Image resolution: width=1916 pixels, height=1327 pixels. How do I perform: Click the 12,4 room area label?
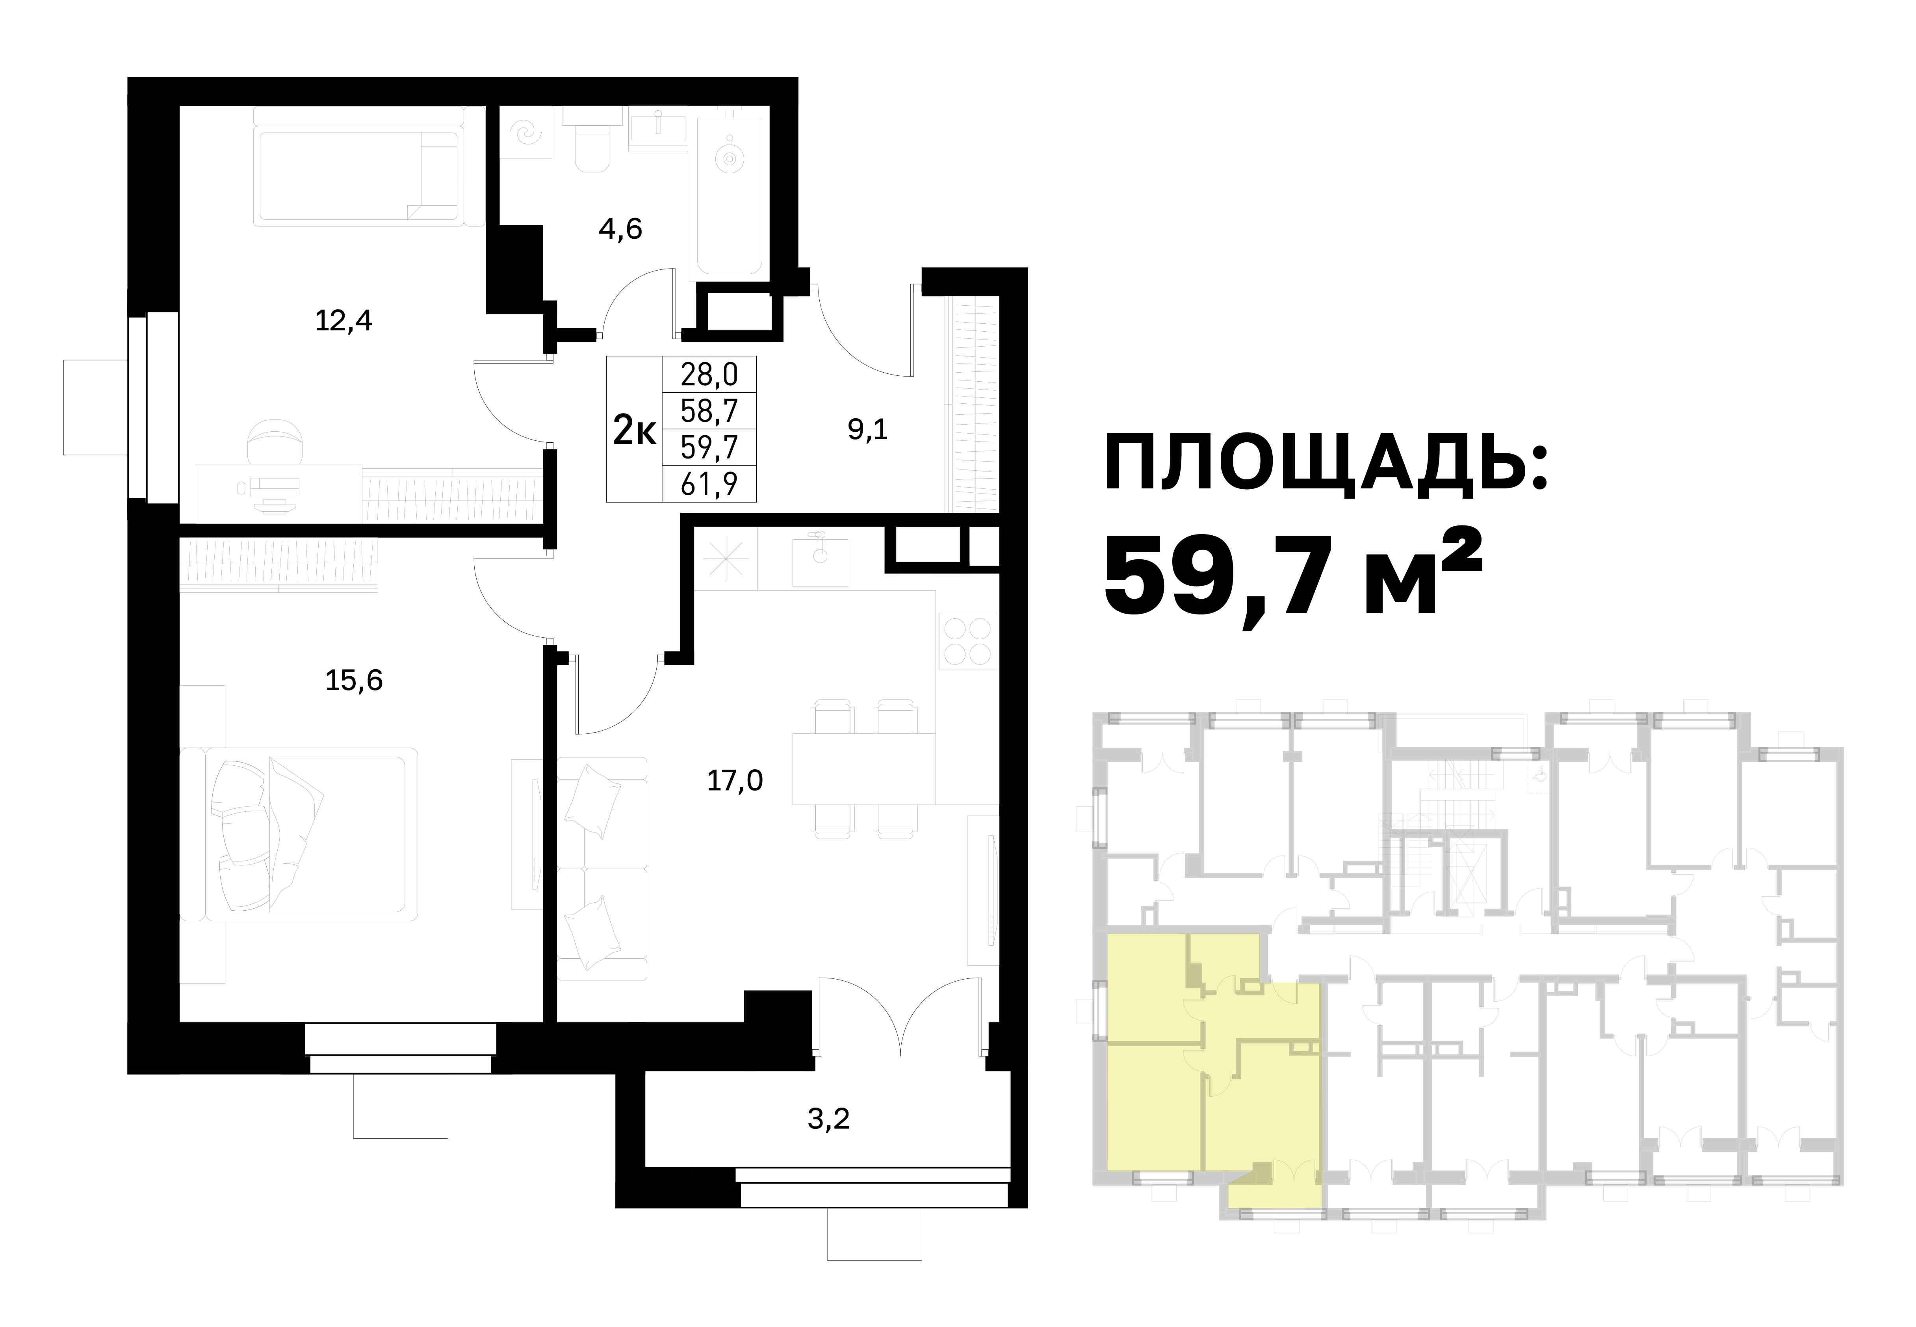pyautogui.click(x=343, y=321)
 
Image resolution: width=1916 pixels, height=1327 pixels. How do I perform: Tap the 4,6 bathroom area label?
pyautogui.click(x=620, y=228)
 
